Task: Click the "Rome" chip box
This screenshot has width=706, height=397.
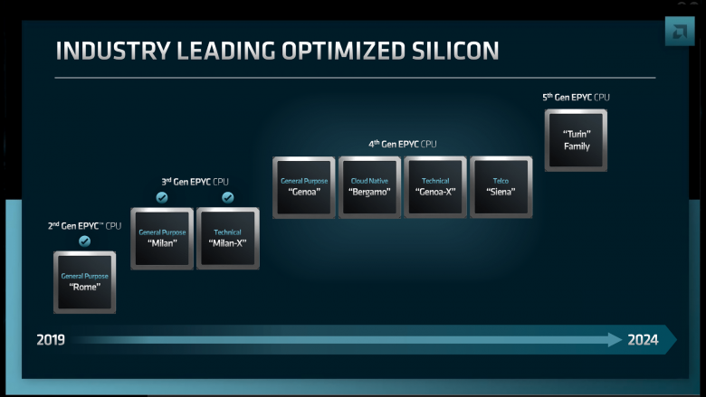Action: click(85, 282)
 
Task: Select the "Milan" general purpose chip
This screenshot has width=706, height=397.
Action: click(162, 239)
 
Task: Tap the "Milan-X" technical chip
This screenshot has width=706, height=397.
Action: click(228, 239)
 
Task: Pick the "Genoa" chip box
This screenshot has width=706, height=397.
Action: click(304, 187)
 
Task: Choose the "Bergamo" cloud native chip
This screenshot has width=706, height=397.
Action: click(369, 187)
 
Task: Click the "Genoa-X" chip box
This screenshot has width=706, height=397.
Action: click(435, 187)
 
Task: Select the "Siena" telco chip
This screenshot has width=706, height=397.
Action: click(501, 187)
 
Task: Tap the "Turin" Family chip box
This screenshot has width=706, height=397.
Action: click(576, 140)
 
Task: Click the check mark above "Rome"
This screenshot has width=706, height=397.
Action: click(85, 241)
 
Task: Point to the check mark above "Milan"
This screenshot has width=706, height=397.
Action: click(162, 197)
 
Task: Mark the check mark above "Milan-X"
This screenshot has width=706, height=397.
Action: click(228, 197)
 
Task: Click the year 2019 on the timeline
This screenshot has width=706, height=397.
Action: click(51, 339)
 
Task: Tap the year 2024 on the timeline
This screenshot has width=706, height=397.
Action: click(643, 339)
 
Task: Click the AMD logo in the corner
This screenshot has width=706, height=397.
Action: click(680, 32)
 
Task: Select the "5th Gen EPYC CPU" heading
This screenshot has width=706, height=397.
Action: click(576, 97)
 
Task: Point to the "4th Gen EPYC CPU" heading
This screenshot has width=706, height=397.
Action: click(403, 144)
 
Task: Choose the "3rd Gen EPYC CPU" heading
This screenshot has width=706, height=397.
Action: click(195, 182)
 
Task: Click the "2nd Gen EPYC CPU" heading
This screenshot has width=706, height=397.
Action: click(85, 226)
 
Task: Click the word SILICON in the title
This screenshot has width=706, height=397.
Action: click(455, 51)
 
